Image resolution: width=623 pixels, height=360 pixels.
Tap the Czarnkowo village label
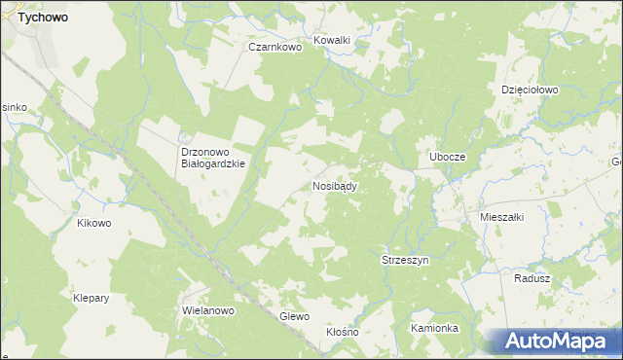(x=272, y=46)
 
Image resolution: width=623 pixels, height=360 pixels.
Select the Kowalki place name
(x=331, y=41)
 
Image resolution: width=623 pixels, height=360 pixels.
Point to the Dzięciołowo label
(x=530, y=90)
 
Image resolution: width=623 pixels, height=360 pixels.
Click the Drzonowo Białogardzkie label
(x=212, y=158)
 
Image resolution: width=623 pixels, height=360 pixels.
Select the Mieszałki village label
(x=502, y=218)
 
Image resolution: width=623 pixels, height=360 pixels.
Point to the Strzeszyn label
(x=404, y=261)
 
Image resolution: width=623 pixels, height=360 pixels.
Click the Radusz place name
(x=531, y=277)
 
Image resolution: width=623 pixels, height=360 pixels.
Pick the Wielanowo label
(x=209, y=311)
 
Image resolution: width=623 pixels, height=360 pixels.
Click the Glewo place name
(x=294, y=316)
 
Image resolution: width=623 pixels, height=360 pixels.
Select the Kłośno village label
(x=343, y=332)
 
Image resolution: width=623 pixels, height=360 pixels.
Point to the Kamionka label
(x=434, y=328)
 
